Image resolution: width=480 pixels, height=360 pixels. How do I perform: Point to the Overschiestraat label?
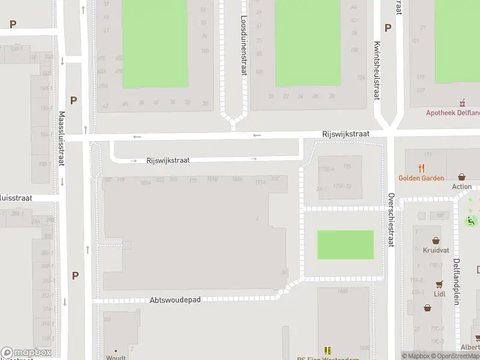[391, 220]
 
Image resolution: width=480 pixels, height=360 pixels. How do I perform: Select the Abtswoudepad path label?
[175, 298]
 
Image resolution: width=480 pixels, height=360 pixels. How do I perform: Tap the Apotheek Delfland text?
[452, 112]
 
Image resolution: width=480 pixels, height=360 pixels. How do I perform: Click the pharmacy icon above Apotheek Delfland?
[462, 103]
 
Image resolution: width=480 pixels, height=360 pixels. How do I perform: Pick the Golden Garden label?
[421, 178]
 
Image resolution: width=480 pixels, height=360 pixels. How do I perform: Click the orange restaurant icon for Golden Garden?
[422, 169]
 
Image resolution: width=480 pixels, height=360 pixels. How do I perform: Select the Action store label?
[462, 187]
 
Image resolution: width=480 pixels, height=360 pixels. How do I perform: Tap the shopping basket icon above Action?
[461, 177]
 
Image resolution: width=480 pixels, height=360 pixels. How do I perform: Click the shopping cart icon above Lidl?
[440, 284]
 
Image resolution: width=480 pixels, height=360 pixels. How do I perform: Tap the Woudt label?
[116, 358]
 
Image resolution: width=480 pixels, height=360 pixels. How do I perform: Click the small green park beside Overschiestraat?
[345, 245]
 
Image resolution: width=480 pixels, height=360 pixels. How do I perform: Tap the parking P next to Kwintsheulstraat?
[388, 28]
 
